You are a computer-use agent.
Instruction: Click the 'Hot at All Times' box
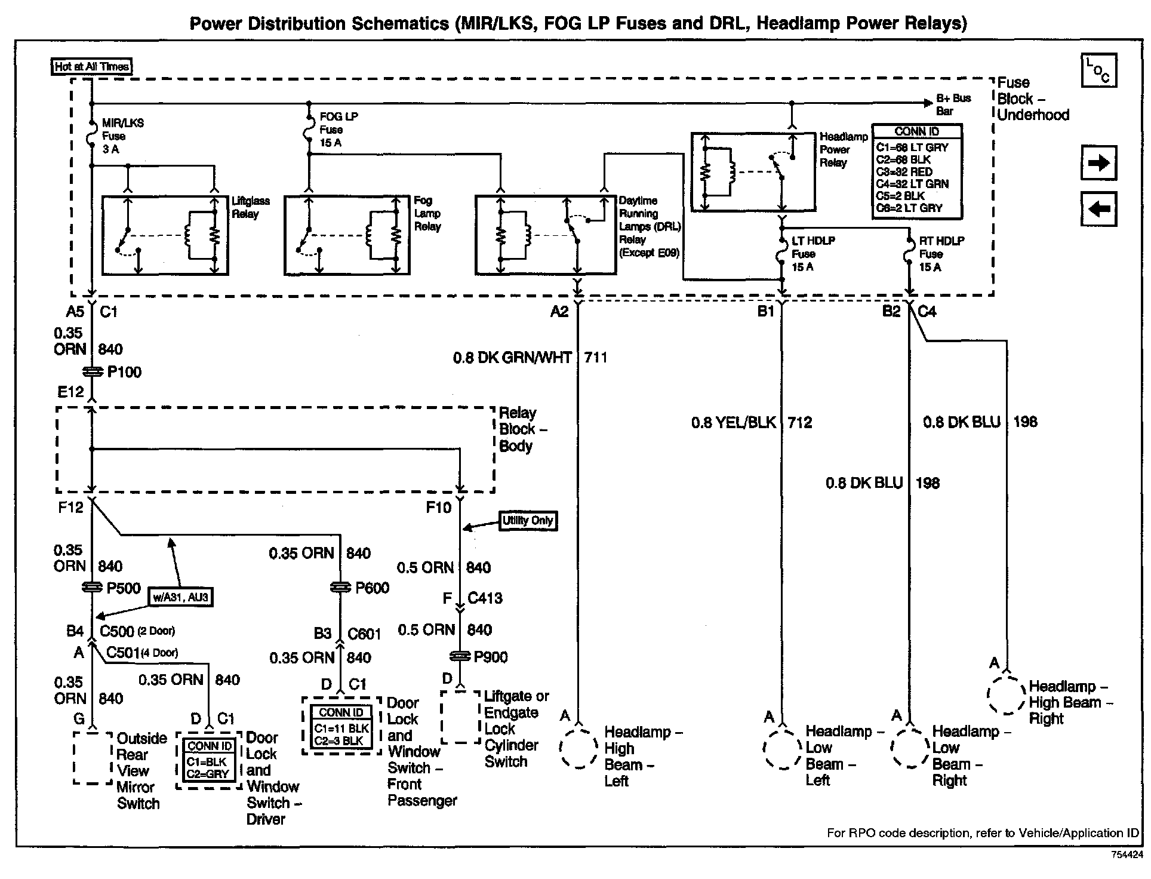point(92,66)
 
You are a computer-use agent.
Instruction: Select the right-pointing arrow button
point(1098,162)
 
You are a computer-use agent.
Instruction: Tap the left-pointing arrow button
point(1098,209)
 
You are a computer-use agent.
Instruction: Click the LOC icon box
point(1098,70)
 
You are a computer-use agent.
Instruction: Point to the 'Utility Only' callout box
point(528,521)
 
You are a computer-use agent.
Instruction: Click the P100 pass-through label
point(124,372)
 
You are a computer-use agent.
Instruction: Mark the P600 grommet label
point(372,588)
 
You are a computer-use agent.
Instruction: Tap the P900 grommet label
point(491,657)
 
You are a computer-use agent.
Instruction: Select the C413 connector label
point(485,598)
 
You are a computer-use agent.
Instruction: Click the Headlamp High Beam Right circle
point(1006,694)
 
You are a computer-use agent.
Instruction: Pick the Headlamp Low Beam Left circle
point(782,749)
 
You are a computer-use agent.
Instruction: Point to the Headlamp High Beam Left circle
point(578,748)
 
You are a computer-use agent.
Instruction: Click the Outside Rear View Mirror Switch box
point(93,758)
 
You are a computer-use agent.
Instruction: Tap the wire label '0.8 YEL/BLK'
point(733,423)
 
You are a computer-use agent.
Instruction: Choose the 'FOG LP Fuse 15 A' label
point(338,130)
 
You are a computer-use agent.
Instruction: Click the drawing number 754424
point(1126,855)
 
